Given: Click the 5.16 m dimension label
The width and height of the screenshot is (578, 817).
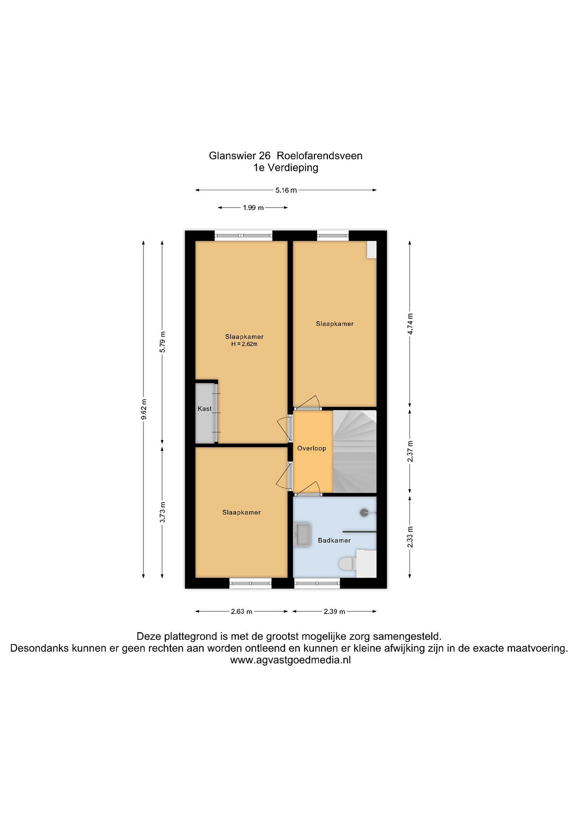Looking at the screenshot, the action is tap(286, 190).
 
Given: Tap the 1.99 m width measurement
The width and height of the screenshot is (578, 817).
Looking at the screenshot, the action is tap(253, 208).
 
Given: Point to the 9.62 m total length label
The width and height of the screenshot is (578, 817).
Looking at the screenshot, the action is tap(144, 409).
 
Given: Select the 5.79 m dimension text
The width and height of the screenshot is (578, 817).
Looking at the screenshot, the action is tap(163, 342).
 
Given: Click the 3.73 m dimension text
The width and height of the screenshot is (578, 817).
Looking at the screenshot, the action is tap(163, 512).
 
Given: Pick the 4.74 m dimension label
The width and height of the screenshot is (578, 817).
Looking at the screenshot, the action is tap(410, 323).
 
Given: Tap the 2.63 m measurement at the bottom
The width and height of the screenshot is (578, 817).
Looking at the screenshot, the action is tap(242, 612).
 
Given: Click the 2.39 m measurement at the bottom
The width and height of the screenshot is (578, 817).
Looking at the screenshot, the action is tap(335, 612).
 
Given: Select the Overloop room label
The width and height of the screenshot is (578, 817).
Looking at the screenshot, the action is tap(312, 448).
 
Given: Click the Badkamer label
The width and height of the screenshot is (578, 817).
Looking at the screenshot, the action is tap(334, 540).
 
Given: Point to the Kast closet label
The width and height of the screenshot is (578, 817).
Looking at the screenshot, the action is tap(205, 408).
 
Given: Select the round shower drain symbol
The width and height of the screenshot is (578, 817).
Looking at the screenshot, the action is tap(364, 513).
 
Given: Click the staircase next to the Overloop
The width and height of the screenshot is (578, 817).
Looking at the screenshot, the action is tap(355, 452).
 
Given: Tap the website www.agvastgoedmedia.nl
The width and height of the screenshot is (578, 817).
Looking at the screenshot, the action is tap(291, 660).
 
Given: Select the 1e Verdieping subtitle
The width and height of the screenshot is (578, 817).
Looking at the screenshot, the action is tap(286, 168).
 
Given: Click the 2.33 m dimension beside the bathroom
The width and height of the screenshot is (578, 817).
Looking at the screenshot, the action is tap(410, 537).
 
